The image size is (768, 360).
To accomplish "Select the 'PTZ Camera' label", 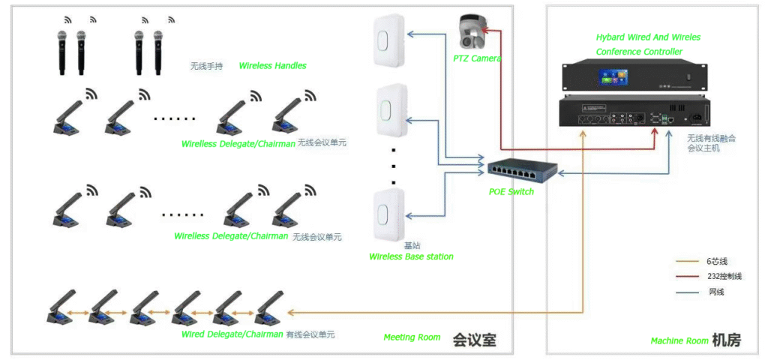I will [x=477, y=58].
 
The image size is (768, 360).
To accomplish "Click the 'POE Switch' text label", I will [x=511, y=192].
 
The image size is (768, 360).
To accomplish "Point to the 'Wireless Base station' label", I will [x=411, y=256].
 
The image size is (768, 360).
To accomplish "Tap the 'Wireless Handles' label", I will [x=272, y=66].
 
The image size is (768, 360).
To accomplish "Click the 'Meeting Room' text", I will [x=412, y=337].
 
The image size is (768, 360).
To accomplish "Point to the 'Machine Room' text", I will [x=679, y=341].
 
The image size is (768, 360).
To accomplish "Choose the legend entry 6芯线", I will [x=715, y=262].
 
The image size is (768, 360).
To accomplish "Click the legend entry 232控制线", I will [x=723, y=277].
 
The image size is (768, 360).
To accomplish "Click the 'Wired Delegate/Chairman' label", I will [x=232, y=334].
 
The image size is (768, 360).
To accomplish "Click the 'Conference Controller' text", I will [x=639, y=52].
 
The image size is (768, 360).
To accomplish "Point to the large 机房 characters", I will [x=726, y=340].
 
